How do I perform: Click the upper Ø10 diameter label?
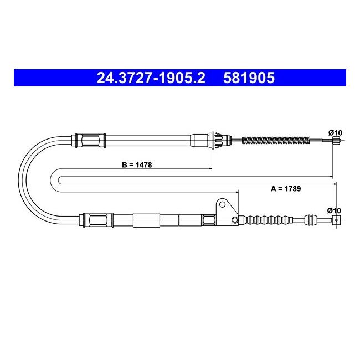point(335,132)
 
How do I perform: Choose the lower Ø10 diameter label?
point(334,210)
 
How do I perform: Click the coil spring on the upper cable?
point(275,141)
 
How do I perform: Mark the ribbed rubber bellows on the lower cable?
point(269,220)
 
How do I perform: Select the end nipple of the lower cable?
point(335,220)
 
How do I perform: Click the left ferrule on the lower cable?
point(94,220)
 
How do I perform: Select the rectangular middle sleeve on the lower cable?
point(146,220)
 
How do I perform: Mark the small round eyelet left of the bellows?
point(235,221)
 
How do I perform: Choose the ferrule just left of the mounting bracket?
point(209,221)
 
